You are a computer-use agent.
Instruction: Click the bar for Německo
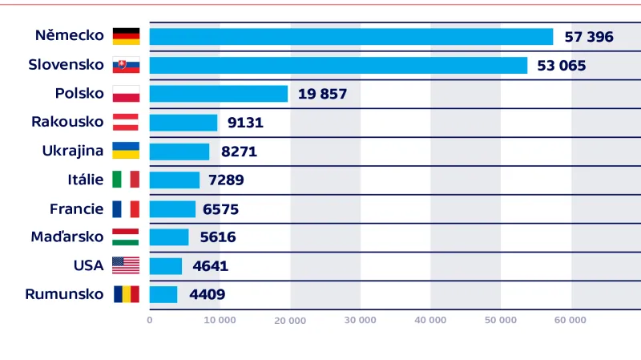(x=351, y=37)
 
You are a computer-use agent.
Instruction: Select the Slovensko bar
(x=338, y=66)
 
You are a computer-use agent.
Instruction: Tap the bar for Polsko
(x=218, y=94)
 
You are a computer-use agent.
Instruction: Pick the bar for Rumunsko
(x=163, y=294)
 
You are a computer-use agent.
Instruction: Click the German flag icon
(x=126, y=36)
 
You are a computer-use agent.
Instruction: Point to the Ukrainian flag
(x=126, y=151)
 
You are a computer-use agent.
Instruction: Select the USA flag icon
(x=126, y=265)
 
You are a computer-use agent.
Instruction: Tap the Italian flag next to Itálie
(x=126, y=180)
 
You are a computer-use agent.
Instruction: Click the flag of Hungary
(x=126, y=237)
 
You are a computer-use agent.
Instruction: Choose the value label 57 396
(x=588, y=37)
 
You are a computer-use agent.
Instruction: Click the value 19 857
(x=322, y=94)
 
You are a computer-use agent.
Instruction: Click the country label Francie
(x=77, y=208)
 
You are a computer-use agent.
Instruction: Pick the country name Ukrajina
(x=73, y=151)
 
